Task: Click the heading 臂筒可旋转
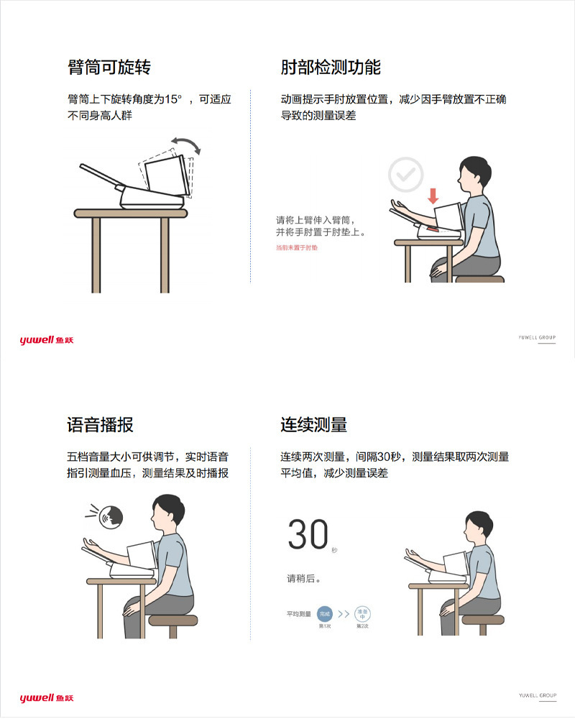point(109,68)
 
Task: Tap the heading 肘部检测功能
point(330,68)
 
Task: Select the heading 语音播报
point(100,424)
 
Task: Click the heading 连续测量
point(313,424)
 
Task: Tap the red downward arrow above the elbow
point(433,196)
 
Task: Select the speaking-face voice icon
point(111,516)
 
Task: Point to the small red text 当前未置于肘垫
point(296,247)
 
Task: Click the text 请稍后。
point(303,578)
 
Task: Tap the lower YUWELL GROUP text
point(538,696)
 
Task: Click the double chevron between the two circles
point(344,614)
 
